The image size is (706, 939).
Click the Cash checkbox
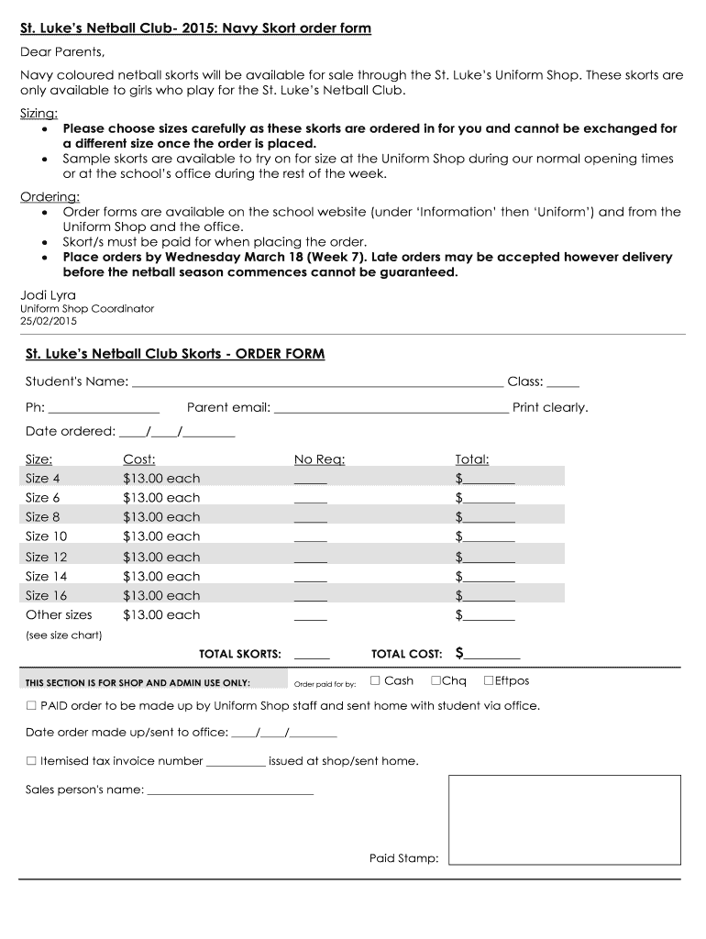375,680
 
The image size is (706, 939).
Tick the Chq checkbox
436,680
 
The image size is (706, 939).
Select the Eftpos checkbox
489,680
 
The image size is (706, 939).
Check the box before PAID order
31,706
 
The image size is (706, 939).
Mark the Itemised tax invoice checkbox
31,760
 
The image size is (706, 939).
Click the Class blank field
563,383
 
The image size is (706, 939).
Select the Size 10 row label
46,536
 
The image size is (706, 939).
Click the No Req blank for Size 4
310,480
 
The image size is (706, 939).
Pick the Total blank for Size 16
490,597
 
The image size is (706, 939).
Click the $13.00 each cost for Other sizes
161,615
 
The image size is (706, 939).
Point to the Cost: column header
139,459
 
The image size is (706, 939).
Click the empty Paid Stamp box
564,819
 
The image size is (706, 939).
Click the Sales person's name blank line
230,790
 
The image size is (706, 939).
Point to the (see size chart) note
63,635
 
